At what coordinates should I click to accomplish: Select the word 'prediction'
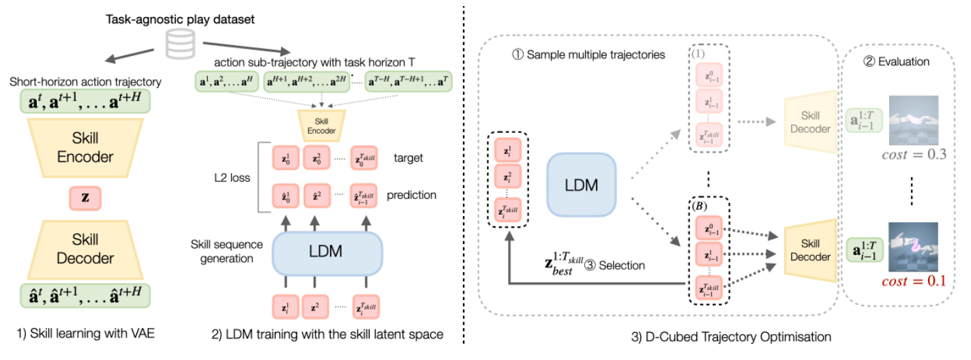[x=411, y=195]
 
